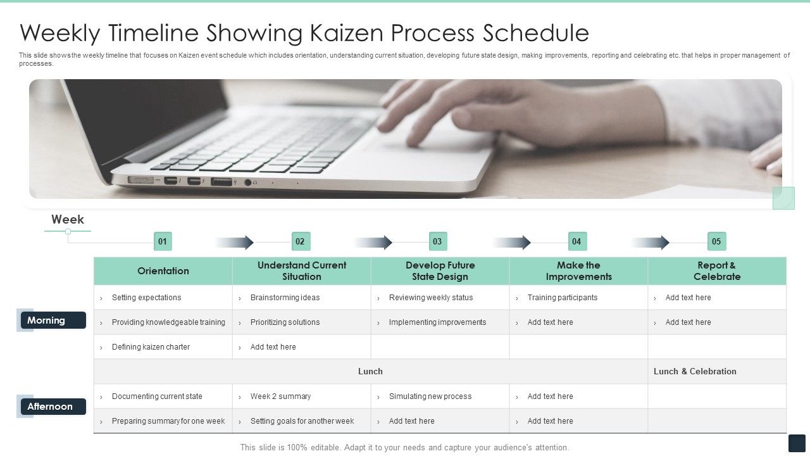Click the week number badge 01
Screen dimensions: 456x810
[x=163, y=241]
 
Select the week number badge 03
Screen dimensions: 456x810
[x=437, y=241]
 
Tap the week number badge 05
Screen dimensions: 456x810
[x=716, y=241]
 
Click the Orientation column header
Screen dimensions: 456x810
[x=163, y=271]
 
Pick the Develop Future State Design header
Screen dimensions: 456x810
[x=440, y=271]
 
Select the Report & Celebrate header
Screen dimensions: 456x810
[x=717, y=271]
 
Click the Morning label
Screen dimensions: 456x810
[x=53, y=320]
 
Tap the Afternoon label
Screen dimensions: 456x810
[x=53, y=407]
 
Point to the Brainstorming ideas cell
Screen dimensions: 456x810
[x=285, y=298]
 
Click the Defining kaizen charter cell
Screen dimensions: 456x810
[x=151, y=347]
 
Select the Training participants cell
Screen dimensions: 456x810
[x=563, y=298]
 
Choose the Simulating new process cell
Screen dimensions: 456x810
[x=430, y=396]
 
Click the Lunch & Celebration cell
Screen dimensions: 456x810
[x=695, y=372]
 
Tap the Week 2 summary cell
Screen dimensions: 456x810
[x=280, y=396]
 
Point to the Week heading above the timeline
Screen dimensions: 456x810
[x=68, y=220]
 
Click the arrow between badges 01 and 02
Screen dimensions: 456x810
[x=235, y=242]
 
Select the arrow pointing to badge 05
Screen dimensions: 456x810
[x=651, y=242]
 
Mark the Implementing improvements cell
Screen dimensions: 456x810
[x=437, y=322]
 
